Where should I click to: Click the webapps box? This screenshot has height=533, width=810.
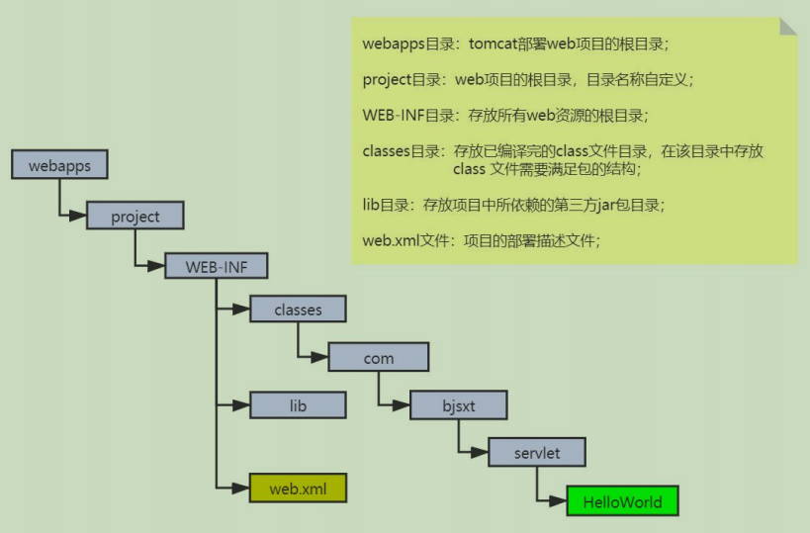(x=59, y=165)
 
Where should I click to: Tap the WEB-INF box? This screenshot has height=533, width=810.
(x=214, y=266)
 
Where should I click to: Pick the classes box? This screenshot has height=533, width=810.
(x=298, y=310)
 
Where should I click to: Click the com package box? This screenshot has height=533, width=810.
(x=378, y=358)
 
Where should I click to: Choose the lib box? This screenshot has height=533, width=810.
(x=298, y=405)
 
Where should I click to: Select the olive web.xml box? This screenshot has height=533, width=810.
(x=298, y=489)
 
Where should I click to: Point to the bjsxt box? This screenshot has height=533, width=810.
(x=459, y=405)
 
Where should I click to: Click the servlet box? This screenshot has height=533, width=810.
(x=537, y=453)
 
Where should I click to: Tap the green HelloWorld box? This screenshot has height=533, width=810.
(x=622, y=501)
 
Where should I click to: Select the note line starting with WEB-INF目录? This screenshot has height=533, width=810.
(x=504, y=116)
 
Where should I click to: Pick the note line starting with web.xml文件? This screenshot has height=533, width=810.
(x=481, y=240)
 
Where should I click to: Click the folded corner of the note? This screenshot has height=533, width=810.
(x=787, y=26)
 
